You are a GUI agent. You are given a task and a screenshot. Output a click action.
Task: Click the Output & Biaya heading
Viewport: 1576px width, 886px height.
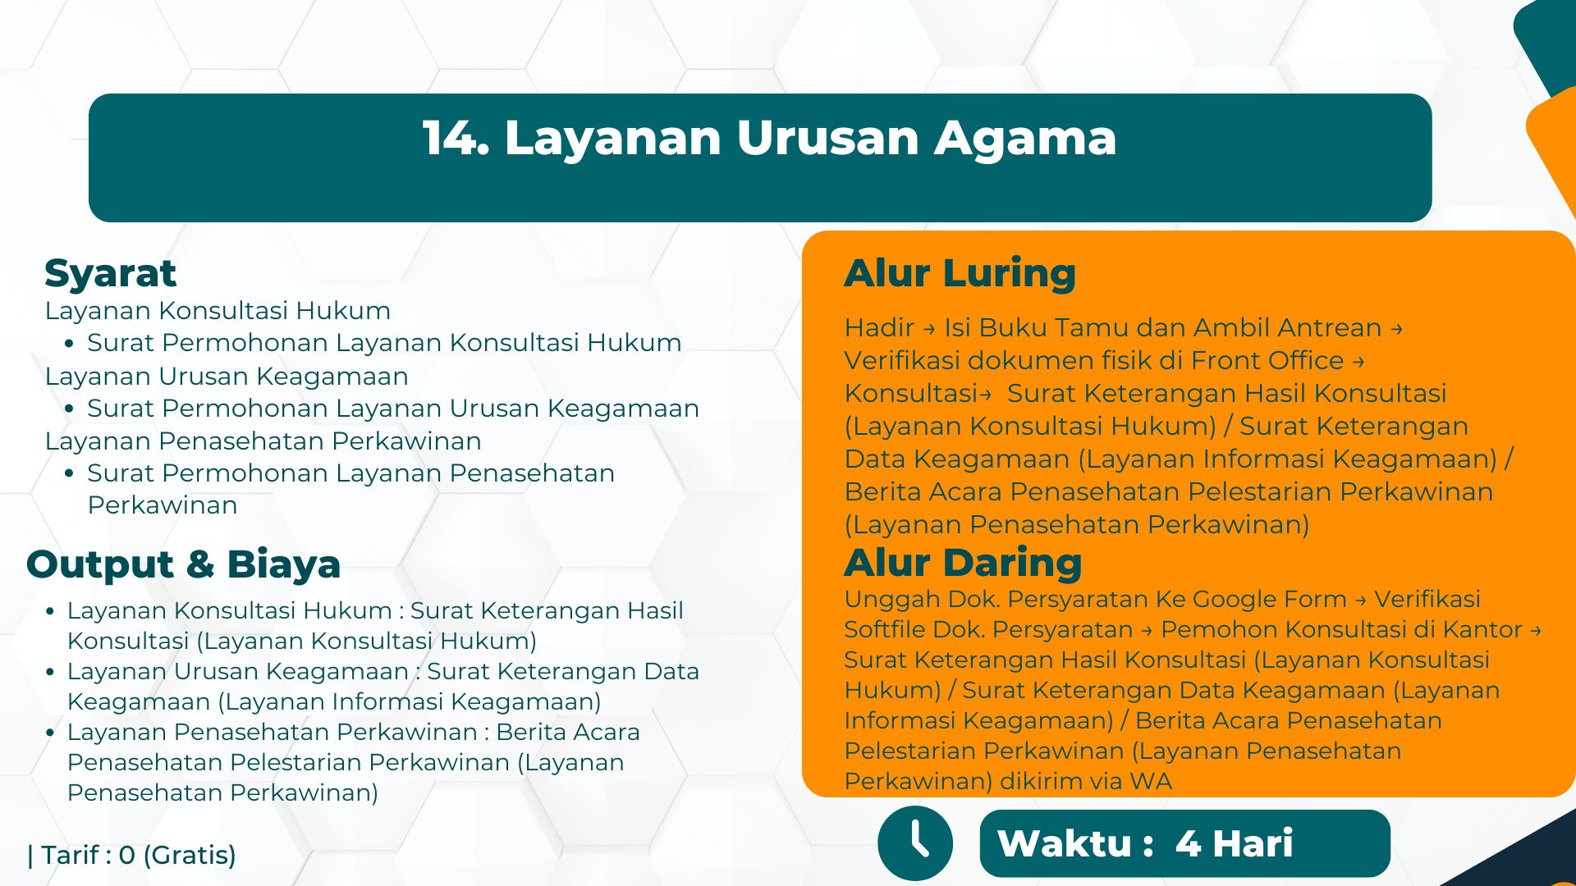click(183, 564)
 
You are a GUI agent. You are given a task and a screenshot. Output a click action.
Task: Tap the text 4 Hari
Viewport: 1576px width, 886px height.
click(1234, 843)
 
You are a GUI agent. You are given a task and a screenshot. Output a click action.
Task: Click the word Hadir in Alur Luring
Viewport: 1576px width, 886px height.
click(879, 327)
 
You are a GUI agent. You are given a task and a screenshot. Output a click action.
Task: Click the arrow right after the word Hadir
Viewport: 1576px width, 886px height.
click(929, 329)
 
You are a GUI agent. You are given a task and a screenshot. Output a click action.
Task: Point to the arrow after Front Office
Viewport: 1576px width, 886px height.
click(1358, 362)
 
